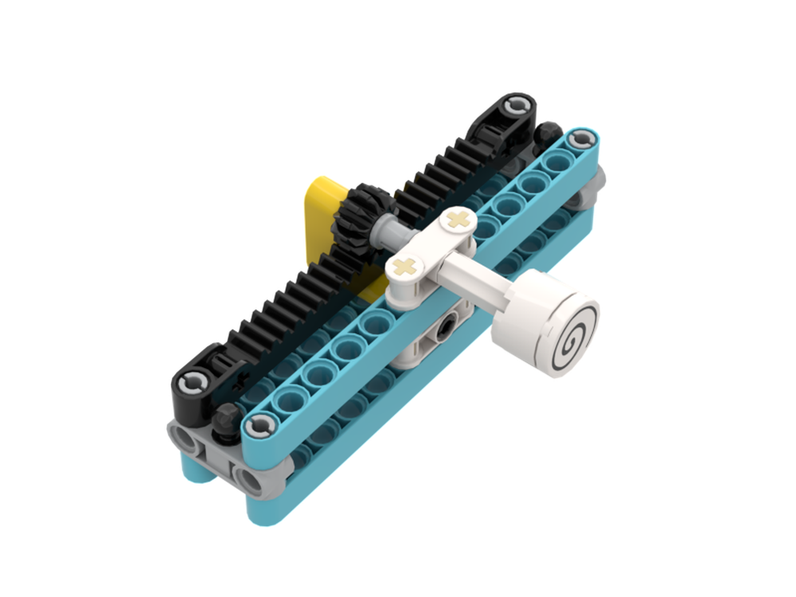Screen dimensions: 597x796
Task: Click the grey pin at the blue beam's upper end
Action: point(585,139)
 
